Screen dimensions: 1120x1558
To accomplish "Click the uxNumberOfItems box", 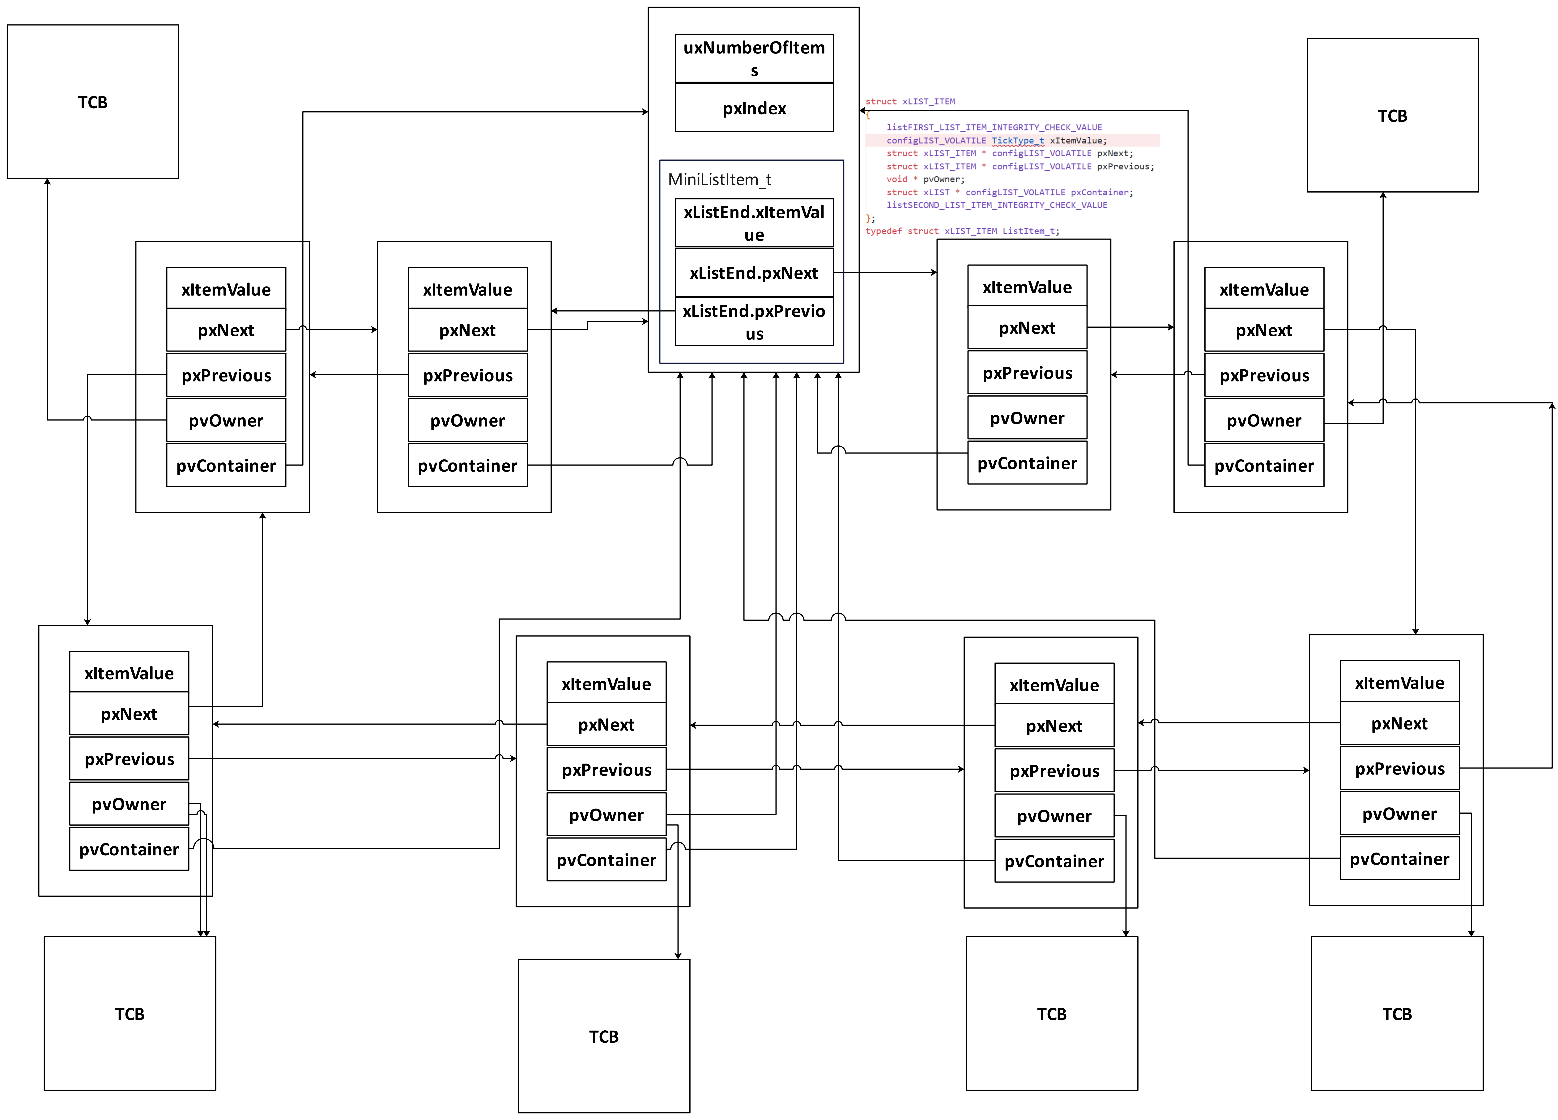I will [x=754, y=58].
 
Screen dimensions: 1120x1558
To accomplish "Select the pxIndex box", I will [x=754, y=108].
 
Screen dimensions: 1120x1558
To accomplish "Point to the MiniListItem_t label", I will [x=719, y=179].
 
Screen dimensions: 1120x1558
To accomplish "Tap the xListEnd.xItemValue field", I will [x=754, y=223].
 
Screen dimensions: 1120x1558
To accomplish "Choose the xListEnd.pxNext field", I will [x=754, y=273].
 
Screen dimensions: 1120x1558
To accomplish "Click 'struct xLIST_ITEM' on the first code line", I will [x=910, y=102].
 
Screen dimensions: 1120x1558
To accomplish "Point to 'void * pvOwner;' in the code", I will [x=925, y=179].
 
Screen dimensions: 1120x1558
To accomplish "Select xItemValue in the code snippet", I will [x=1077, y=141].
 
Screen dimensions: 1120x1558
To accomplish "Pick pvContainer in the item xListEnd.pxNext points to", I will [x=1027, y=463].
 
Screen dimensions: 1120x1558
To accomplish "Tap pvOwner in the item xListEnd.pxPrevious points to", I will [x=467, y=420].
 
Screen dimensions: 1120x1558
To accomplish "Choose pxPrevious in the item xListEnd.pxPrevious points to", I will [x=467, y=375].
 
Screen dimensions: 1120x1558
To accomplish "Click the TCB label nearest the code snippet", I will [x=1392, y=115].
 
